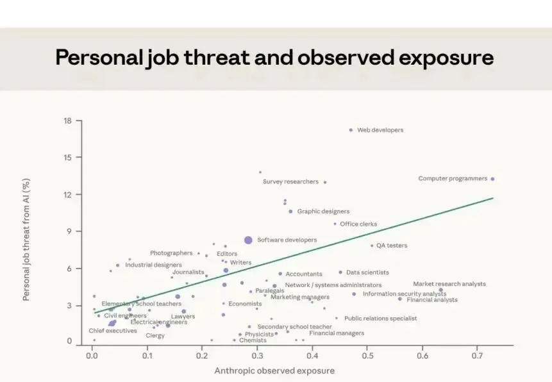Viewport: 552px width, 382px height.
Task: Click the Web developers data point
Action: click(x=351, y=130)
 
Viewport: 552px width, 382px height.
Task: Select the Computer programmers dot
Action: click(x=492, y=179)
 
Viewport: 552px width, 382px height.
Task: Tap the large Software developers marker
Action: click(x=248, y=240)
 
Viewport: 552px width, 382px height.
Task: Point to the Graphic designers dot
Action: click(x=290, y=212)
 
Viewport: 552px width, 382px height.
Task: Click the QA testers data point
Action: click(x=372, y=245)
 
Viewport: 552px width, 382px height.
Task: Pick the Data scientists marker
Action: click(x=340, y=272)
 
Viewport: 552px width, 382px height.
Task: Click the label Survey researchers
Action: click(x=290, y=181)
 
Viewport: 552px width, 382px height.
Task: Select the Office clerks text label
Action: click(x=358, y=224)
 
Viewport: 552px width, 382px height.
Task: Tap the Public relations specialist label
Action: click(x=381, y=319)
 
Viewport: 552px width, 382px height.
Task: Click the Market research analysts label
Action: click(x=449, y=284)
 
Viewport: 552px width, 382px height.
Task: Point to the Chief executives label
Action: click(x=113, y=331)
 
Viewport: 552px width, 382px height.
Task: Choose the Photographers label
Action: click(x=171, y=253)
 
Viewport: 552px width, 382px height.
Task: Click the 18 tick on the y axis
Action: click(x=67, y=120)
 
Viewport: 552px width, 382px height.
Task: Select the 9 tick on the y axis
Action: click(x=69, y=231)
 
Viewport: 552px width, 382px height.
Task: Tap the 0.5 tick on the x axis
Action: click(x=367, y=356)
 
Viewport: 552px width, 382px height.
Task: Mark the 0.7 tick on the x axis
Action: click(x=478, y=356)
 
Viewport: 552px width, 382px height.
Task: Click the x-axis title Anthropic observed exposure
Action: click(x=274, y=370)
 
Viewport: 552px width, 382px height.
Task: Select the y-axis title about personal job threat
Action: click(x=26, y=240)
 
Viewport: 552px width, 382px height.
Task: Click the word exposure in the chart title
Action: click(x=446, y=58)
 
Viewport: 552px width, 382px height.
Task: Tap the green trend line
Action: click(x=294, y=255)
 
